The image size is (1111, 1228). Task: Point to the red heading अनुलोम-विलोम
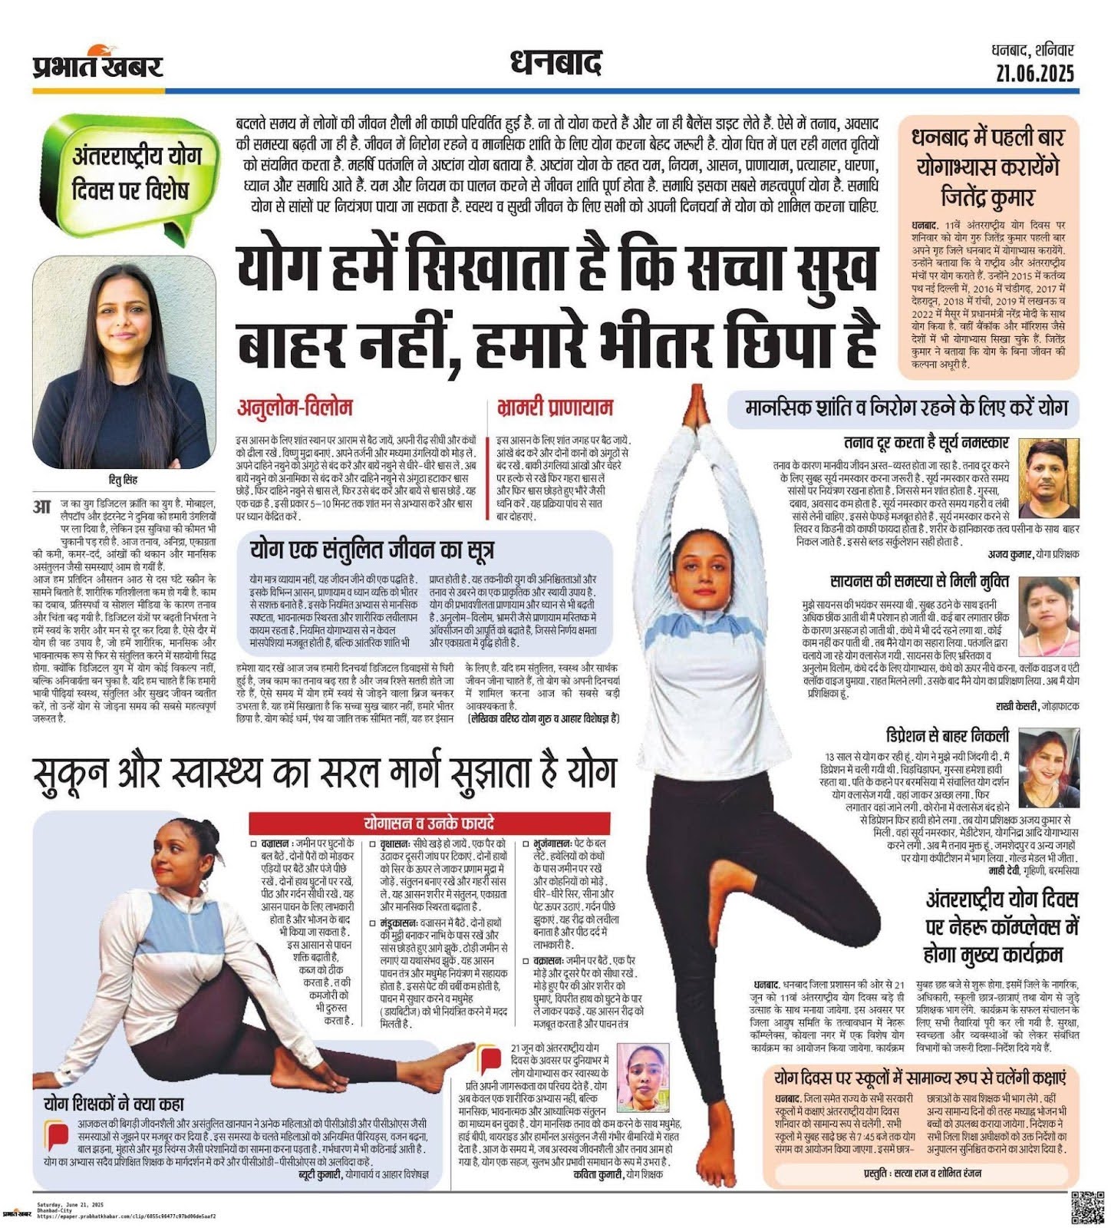(x=294, y=408)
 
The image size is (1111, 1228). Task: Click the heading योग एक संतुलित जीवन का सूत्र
(x=371, y=550)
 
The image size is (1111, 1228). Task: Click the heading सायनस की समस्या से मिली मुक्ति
(x=919, y=580)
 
